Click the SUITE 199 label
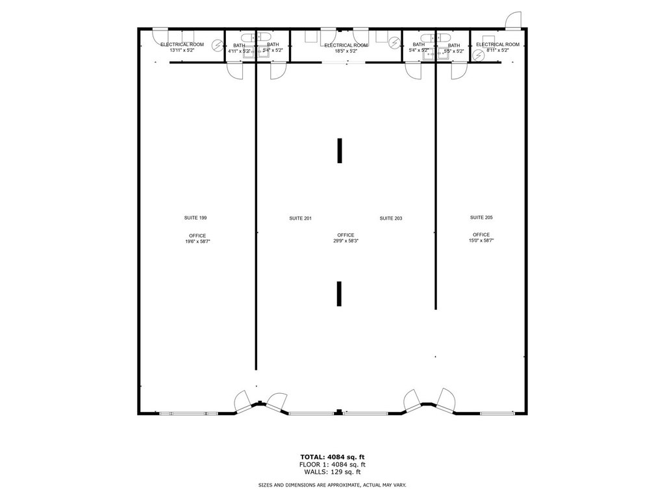195,218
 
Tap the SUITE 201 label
300,218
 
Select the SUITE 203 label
390,218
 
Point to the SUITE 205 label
481,217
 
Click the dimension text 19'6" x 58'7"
197,242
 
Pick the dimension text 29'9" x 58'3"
346,240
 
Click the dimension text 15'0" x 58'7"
481,240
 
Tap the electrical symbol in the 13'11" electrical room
218,45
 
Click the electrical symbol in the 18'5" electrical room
395,42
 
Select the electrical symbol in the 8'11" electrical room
479,55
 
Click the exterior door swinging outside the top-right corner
514,19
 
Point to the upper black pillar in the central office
339,150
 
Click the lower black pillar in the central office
339,293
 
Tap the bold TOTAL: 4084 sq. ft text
332,457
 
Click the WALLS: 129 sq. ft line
332,472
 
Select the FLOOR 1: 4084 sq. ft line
332,464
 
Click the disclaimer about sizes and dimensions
332,485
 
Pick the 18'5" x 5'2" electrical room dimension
346,51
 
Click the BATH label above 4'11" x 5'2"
239,45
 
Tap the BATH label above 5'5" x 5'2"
454,45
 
